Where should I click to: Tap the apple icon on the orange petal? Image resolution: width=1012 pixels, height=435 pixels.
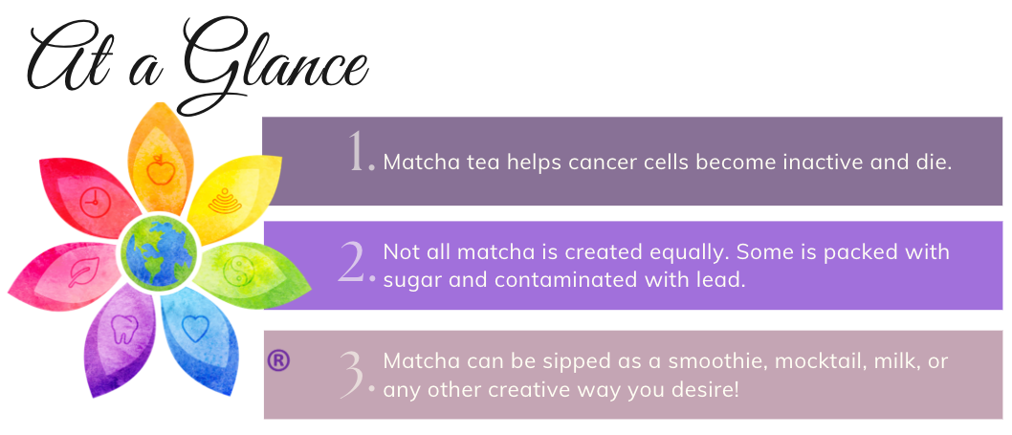click(x=160, y=170)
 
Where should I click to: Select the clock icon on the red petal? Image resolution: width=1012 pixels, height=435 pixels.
click(x=96, y=202)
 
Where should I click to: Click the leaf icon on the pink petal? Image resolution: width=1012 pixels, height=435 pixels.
click(x=83, y=272)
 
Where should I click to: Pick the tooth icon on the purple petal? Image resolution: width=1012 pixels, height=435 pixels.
click(x=124, y=329)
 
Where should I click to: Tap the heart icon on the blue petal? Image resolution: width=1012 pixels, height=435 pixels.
click(x=195, y=328)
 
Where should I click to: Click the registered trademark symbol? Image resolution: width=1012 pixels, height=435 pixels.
click(x=278, y=360)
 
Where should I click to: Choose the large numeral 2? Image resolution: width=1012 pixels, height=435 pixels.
click(x=356, y=263)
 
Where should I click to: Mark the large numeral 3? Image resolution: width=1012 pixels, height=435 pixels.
click(x=356, y=374)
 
